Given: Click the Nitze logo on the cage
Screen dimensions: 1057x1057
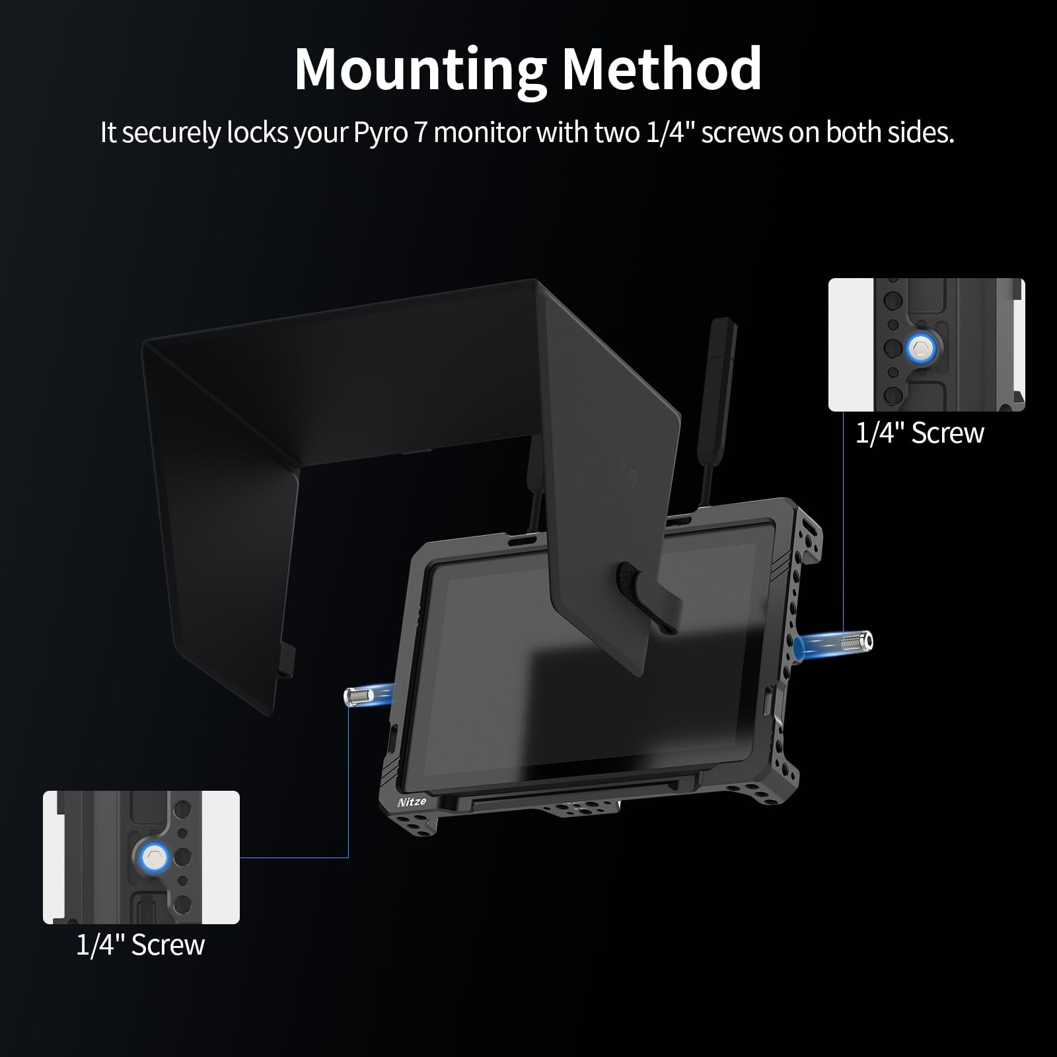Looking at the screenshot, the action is pos(412,801).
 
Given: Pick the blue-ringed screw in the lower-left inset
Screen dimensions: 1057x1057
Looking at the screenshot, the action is pos(155,858).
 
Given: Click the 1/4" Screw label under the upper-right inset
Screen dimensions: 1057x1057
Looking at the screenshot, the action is pos(920,433).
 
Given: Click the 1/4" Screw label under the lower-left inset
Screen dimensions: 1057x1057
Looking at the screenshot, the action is pos(140,945).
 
